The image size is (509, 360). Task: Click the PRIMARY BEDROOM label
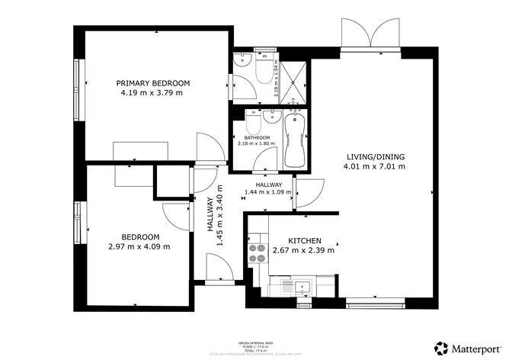coord(152,82)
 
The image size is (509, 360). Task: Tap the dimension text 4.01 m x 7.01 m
coord(373,166)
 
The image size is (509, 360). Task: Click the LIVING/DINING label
coord(373,157)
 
